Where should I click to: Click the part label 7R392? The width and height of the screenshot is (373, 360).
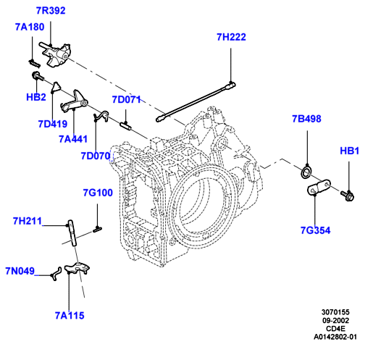click(51, 11)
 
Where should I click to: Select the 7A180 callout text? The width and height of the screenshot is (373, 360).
click(30, 27)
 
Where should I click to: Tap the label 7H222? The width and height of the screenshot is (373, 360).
click(231, 37)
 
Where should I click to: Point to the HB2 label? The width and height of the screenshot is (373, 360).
click(36, 97)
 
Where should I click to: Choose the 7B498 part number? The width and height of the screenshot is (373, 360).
click(306, 119)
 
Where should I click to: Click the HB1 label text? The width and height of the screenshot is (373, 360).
click(350, 151)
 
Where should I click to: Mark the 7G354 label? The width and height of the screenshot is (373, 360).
click(315, 230)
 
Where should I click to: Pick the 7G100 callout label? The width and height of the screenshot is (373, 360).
click(98, 193)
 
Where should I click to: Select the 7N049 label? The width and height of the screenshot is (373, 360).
click(20, 271)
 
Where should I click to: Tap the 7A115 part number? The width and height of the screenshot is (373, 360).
click(70, 316)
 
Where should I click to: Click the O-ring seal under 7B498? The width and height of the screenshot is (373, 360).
click(306, 171)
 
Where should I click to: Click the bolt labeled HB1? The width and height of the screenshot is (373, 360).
click(348, 195)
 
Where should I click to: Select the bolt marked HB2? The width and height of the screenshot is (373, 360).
click(38, 76)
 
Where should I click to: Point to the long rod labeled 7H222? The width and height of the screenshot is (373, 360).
click(196, 102)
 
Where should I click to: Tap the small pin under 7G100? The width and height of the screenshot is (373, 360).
click(97, 230)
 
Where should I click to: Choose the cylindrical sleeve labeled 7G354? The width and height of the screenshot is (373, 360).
click(319, 187)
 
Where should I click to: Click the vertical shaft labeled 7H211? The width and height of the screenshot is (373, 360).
click(72, 233)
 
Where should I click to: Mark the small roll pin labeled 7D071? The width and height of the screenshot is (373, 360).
click(126, 127)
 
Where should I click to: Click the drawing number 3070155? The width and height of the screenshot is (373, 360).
click(335, 312)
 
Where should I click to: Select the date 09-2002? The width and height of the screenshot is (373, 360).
click(336, 320)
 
